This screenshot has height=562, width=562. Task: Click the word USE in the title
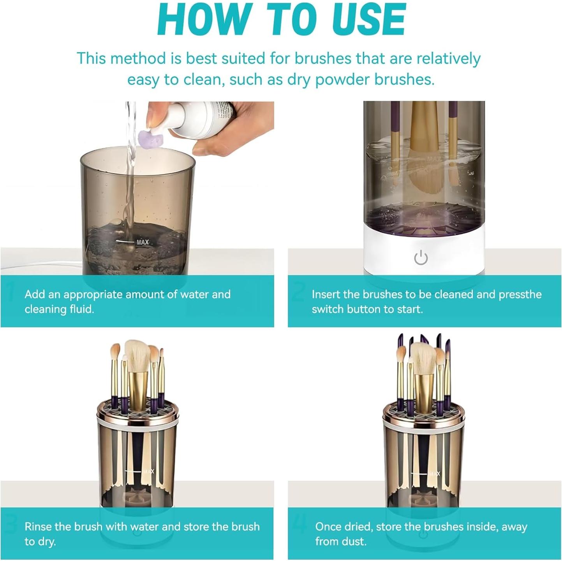pyautogui.click(x=363, y=20)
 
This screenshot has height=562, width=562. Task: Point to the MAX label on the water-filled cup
pyautogui.click(x=142, y=242)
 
